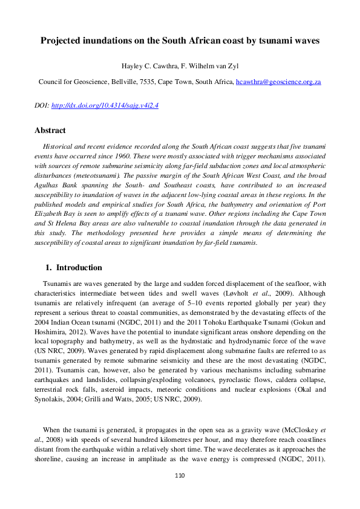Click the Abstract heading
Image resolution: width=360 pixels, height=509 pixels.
pyautogui.click(x=50, y=130)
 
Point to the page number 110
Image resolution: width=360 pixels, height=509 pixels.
pyautogui.click(x=179, y=476)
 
